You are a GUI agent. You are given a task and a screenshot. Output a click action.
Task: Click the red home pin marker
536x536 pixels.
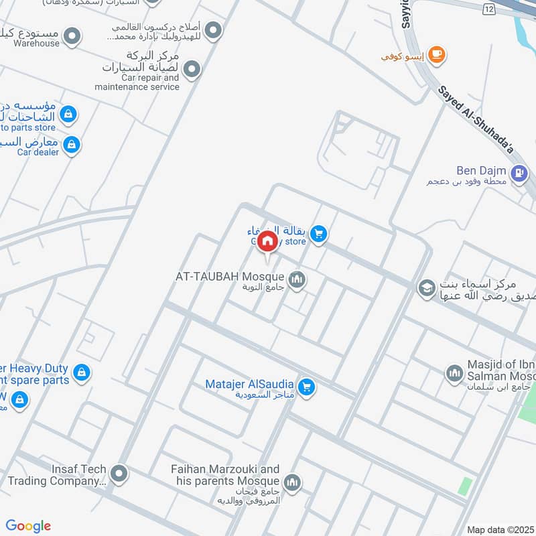[x=267, y=241]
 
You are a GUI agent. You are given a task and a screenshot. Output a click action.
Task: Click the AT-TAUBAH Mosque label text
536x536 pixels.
[x=230, y=276]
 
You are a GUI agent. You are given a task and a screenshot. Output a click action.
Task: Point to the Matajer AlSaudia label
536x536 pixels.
[x=249, y=385]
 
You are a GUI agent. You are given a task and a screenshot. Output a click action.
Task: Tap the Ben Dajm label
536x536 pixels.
[x=481, y=171]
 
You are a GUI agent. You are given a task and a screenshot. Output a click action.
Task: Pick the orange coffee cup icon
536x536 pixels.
[x=436, y=55]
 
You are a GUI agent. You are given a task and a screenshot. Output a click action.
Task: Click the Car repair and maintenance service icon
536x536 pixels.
[x=192, y=70]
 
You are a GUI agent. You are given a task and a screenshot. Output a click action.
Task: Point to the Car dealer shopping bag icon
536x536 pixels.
[x=71, y=144]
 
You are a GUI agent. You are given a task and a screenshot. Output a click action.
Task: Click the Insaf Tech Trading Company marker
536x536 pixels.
[x=119, y=474]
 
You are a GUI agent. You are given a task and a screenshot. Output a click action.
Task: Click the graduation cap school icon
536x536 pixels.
[x=425, y=289]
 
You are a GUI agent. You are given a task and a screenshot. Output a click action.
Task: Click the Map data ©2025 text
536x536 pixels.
[x=499, y=530]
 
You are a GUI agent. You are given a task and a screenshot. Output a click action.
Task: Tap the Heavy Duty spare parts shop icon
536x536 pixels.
[x=81, y=373]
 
